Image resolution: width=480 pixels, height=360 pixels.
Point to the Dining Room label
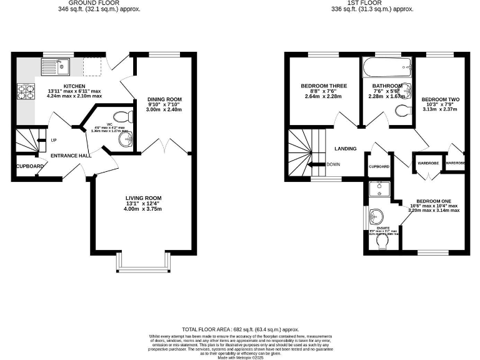tap(164, 99)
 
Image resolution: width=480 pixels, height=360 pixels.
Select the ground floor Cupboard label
tap(30, 166)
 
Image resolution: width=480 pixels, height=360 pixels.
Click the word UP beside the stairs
tap(54, 140)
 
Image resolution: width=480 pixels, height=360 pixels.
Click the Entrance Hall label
tap(71, 155)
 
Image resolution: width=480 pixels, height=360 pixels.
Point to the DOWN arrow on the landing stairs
tap(329, 165)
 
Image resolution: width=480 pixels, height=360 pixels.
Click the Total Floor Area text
tap(240, 329)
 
